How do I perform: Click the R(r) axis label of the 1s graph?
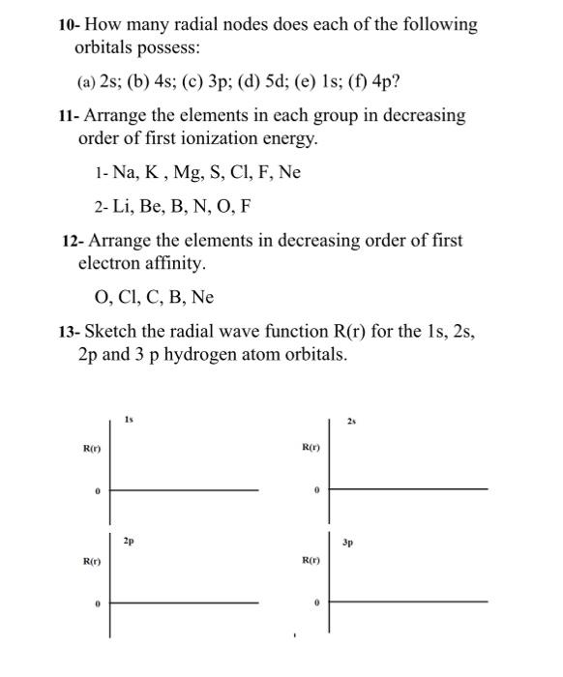tap(92, 449)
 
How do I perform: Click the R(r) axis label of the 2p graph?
tap(92, 560)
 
